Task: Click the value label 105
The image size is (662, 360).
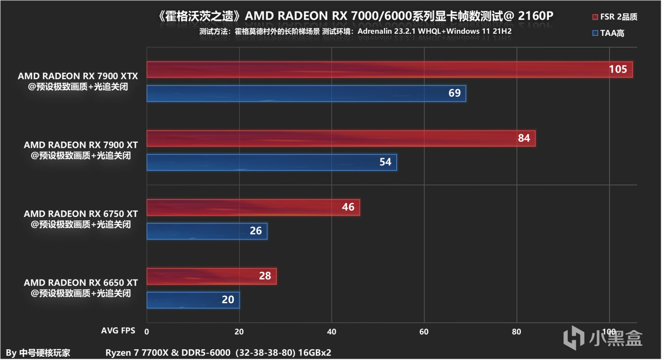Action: [617, 69]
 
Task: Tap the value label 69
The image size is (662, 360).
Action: [454, 93]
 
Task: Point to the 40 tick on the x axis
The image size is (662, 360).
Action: [332, 332]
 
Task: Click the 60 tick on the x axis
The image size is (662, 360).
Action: [424, 332]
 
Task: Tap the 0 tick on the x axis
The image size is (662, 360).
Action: [147, 332]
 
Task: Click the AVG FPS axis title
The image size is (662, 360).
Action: [118, 330]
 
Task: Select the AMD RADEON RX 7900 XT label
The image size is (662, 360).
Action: [81, 145]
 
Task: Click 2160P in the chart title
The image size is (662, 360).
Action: [535, 16]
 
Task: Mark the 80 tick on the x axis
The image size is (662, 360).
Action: [516, 332]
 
